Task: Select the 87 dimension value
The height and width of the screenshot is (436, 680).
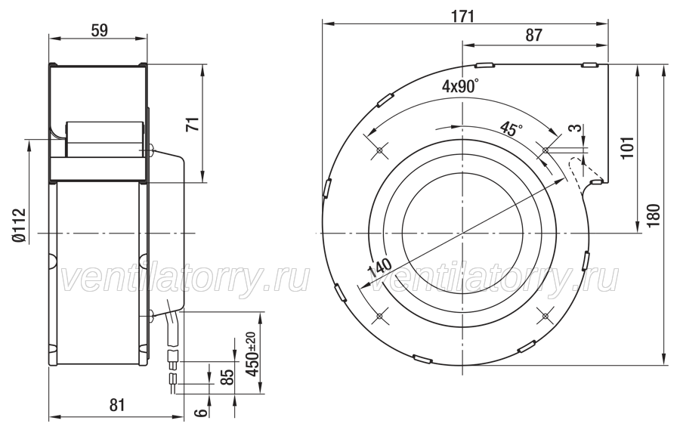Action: tap(534, 36)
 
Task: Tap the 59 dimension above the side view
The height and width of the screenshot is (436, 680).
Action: tap(99, 30)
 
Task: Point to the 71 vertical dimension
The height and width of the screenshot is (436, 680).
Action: tap(194, 124)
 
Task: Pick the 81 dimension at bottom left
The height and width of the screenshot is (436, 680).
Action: tap(116, 405)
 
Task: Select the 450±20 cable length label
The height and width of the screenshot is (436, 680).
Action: tap(252, 354)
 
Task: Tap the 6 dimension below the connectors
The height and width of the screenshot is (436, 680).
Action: tap(201, 412)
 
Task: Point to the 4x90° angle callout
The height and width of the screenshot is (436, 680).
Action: tap(461, 86)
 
